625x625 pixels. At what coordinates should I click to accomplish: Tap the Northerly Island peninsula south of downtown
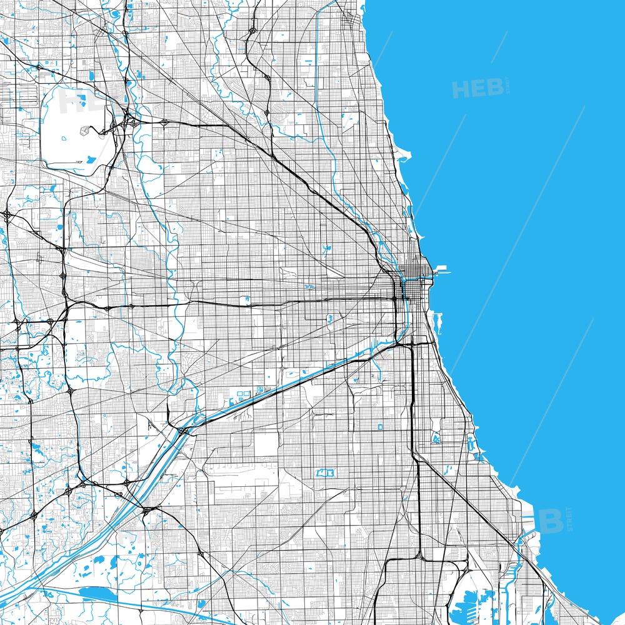tap(437, 321)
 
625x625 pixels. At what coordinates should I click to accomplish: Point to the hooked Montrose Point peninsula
tap(405, 153)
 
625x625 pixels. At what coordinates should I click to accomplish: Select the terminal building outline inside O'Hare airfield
tap(85, 132)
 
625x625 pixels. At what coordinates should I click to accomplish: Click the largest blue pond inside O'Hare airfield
tap(90, 160)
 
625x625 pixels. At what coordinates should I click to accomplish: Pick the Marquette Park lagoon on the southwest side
tap(326, 473)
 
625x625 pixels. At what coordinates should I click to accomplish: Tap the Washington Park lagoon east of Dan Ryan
tap(436, 439)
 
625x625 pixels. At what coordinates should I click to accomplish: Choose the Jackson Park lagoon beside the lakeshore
tap(472, 445)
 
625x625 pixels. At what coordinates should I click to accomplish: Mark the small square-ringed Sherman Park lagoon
tap(380, 427)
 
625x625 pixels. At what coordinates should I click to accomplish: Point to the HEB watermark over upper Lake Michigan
tap(478, 89)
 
